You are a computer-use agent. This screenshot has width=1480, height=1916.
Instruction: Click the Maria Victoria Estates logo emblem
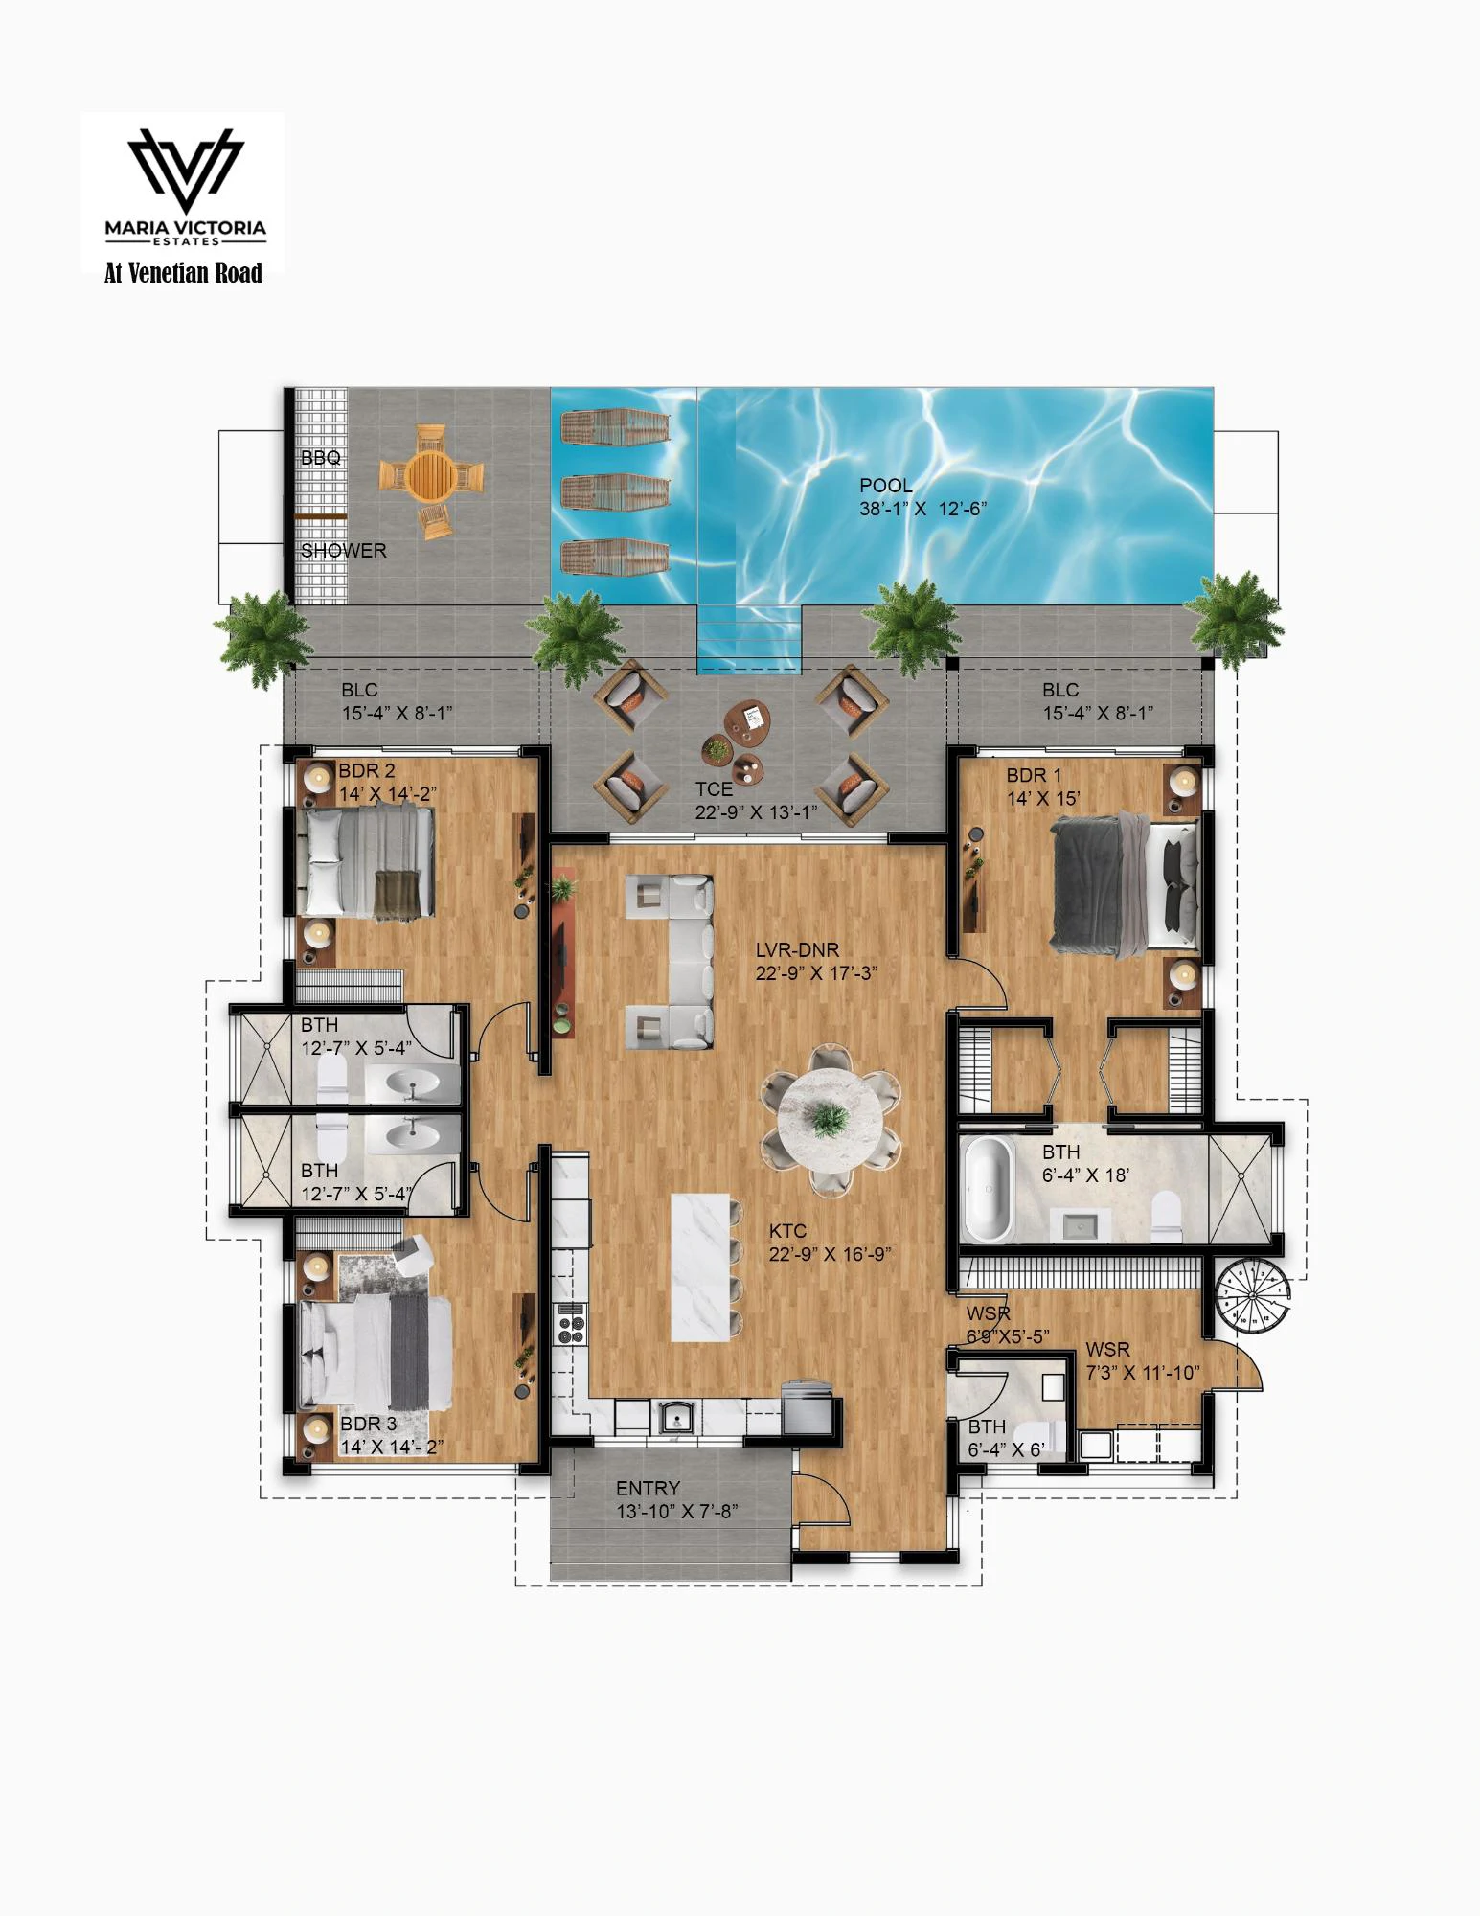pos(186,169)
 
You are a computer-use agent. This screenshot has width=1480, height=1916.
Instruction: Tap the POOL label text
pos(885,486)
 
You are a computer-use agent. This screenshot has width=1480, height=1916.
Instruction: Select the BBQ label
pos(320,458)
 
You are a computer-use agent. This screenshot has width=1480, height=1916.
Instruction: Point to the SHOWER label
pos(343,551)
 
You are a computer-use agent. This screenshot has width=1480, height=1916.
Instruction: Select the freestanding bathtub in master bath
pos(988,1190)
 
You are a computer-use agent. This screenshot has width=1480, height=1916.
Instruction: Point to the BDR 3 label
pos(368,1424)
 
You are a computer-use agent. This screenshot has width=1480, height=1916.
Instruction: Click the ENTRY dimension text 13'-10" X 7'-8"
pos(676,1512)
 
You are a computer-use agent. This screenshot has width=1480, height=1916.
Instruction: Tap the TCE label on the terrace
pos(714,789)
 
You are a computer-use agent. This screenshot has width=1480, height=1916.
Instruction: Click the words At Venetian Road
pos(183,274)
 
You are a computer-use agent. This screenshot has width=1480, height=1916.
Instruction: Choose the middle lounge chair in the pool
pos(615,492)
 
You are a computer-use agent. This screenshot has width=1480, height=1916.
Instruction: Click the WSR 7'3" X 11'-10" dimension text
pos(1142,1373)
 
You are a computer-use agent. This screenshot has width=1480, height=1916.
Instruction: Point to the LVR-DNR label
pos(797,950)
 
